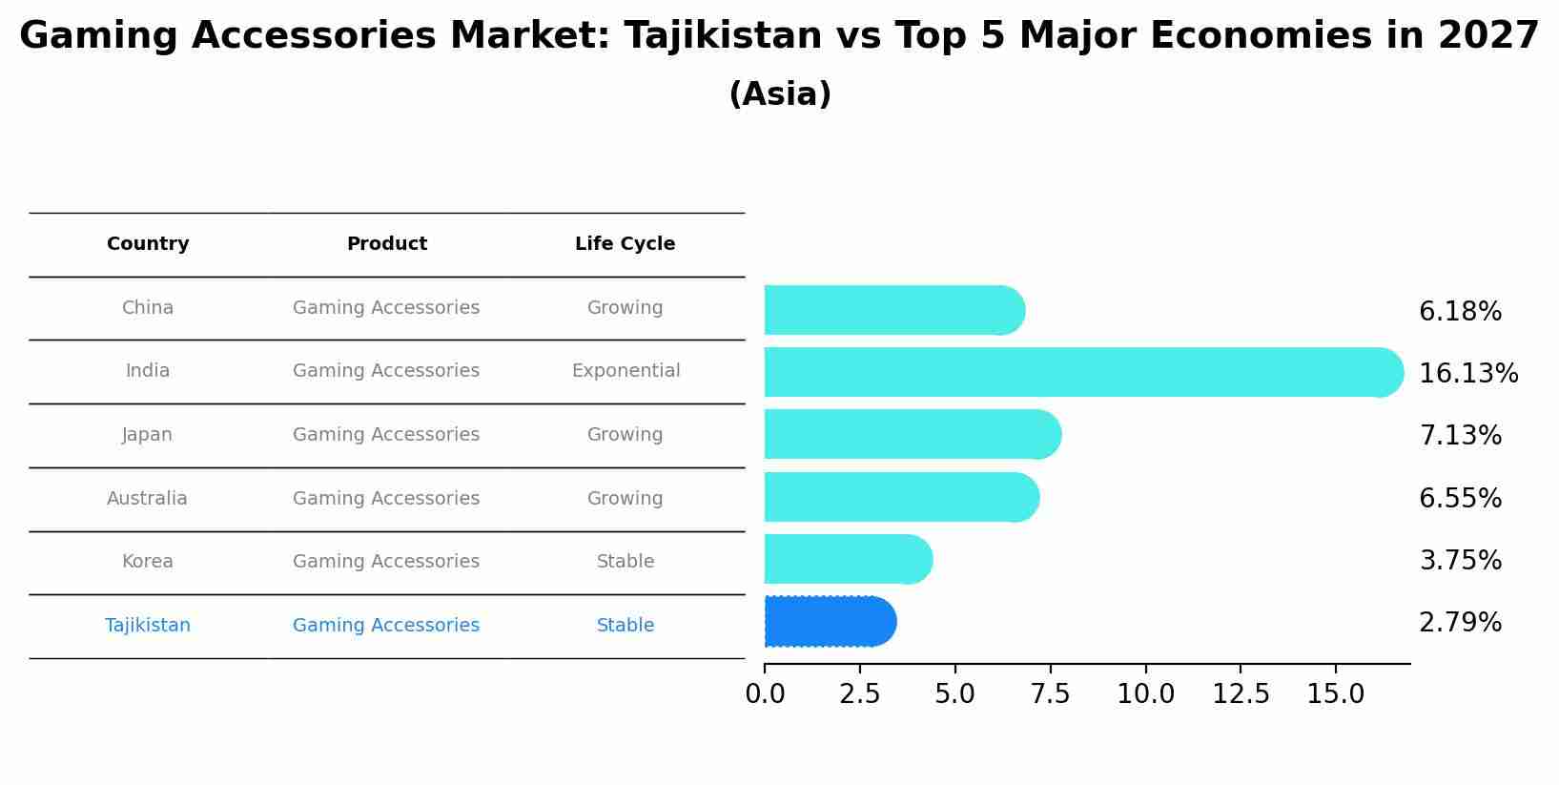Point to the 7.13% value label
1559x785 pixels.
tap(1460, 436)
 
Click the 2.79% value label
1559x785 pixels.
tap(1460, 623)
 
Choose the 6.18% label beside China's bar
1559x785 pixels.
tap(1460, 312)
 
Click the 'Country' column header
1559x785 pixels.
tap(148, 244)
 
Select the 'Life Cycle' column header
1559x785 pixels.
tap(625, 244)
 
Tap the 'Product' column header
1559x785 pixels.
tap(386, 244)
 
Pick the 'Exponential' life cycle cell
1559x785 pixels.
tap(626, 371)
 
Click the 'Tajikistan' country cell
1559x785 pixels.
tap(148, 626)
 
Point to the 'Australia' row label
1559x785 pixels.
tap(147, 499)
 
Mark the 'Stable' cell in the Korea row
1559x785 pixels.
tap(626, 562)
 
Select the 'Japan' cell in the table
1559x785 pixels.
tap(147, 435)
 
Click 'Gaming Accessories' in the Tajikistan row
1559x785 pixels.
tap(386, 626)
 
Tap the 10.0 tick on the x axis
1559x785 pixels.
tap(1145, 694)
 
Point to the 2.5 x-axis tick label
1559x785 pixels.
tap(859, 694)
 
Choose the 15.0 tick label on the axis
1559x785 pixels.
tap(1335, 694)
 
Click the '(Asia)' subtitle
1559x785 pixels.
tap(779, 94)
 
